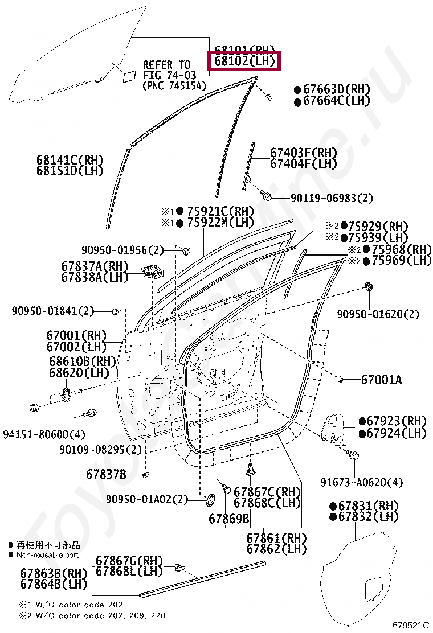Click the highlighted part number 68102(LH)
tap(245, 60)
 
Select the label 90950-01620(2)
tap(378, 314)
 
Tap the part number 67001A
tap(381, 380)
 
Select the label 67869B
tap(228, 519)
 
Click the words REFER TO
tap(166, 65)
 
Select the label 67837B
tap(107, 474)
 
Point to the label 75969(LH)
tap(401, 261)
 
